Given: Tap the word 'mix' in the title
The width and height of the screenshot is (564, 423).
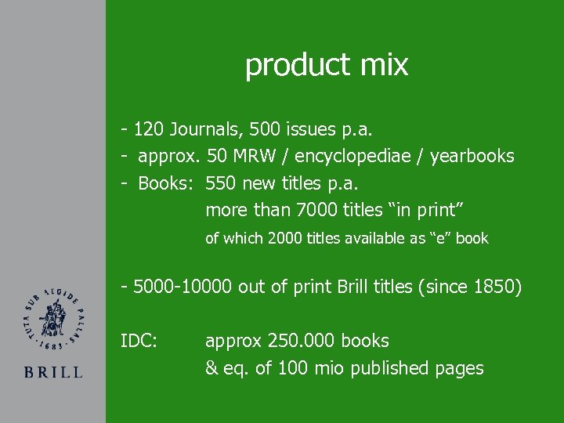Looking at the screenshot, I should (385, 64).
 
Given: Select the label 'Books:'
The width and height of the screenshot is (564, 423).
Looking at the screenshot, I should (167, 183).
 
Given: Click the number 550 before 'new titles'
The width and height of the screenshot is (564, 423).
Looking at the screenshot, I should (221, 183).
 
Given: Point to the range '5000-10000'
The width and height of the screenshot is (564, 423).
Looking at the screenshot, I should (183, 287).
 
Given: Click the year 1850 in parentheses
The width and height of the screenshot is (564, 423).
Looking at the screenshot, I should (492, 287).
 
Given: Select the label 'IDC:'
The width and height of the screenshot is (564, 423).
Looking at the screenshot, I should (139, 341).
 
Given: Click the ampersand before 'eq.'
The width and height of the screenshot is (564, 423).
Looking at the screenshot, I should (211, 367).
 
